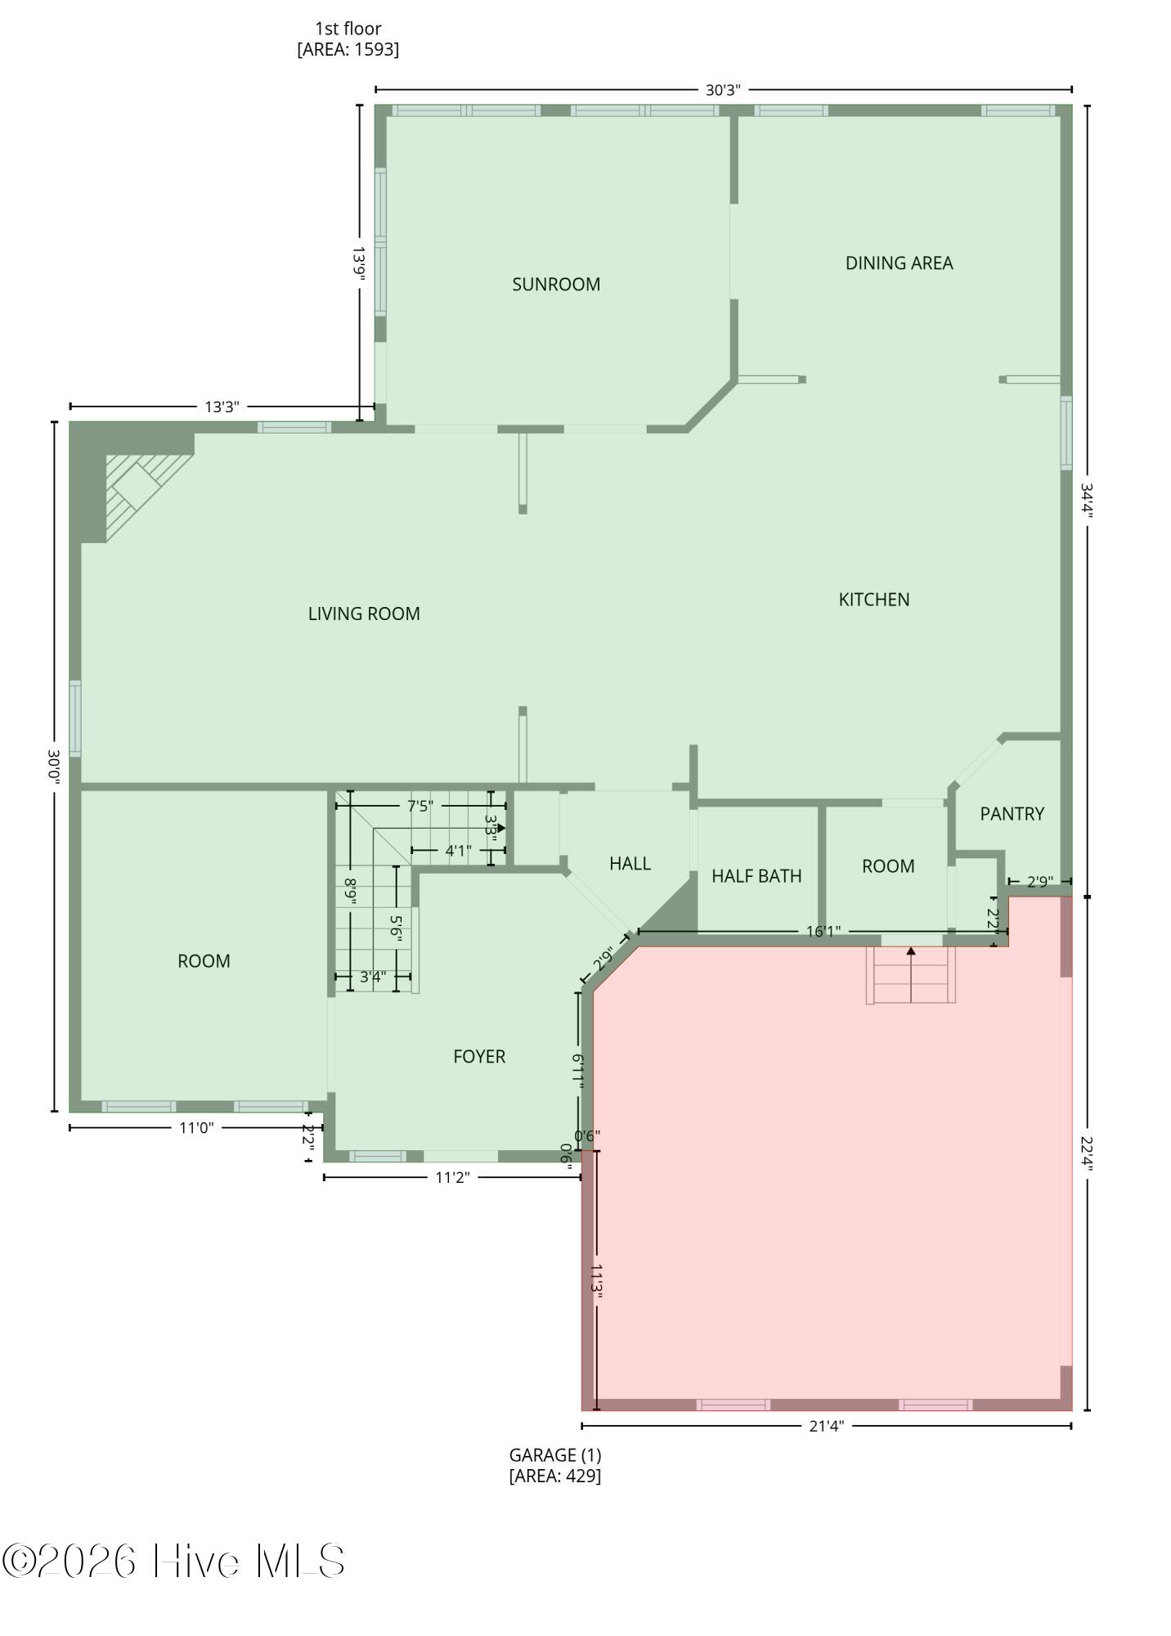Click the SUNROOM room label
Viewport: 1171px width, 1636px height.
[556, 285]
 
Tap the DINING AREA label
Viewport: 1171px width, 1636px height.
[899, 263]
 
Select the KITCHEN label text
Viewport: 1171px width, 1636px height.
[874, 600]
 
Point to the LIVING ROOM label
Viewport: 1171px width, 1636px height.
[364, 613]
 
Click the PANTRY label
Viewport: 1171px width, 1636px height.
[1012, 814]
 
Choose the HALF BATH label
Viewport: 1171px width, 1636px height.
[756, 876]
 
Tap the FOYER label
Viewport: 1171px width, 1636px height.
[479, 1057]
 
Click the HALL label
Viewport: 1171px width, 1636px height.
[630, 864]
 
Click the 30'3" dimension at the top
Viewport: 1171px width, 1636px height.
[723, 90]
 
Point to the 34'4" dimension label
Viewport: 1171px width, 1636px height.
[1087, 501]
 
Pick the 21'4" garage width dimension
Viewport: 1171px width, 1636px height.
[826, 1427]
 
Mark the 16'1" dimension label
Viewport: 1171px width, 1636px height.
[823, 932]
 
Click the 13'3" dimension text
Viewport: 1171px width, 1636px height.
[222, 407]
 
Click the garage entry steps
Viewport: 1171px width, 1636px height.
[911, 975]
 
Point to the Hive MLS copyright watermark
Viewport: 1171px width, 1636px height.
[173, 1562]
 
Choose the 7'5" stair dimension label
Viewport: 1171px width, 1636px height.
[420, 807]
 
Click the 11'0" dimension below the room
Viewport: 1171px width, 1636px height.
[196, 1128]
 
